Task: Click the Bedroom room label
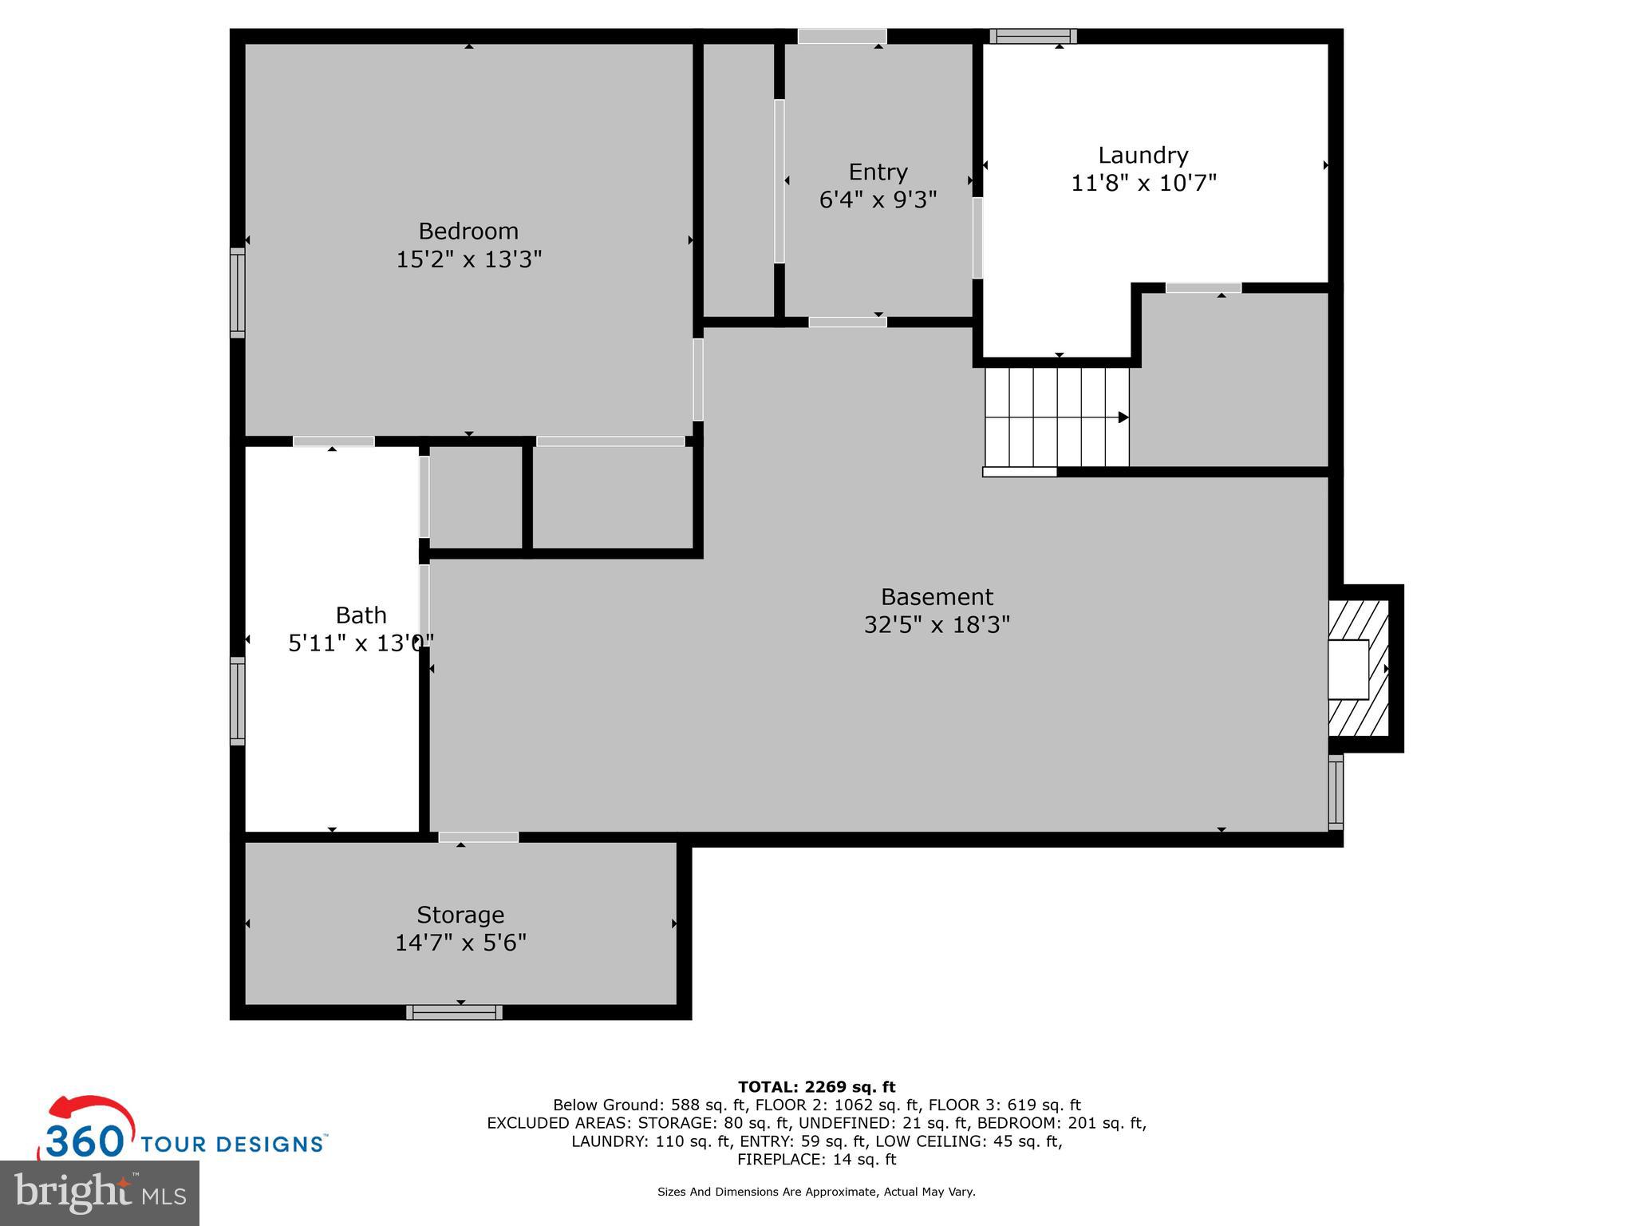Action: click(468, 231)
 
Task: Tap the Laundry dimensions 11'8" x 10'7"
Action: click(1143, 184)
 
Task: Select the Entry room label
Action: click(878, 172)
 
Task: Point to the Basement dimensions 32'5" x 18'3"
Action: click(937, 624)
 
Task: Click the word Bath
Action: click(361, 615)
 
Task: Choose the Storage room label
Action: click(460, 915)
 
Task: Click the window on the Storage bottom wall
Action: click(454, 1012)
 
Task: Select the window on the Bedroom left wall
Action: click(237, 292)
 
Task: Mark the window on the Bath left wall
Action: click(237, 701)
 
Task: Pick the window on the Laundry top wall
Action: click(1033, 36)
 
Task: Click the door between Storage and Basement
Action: click(479, 837)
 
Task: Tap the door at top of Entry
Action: click(842, 36)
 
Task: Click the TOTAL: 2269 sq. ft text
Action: click(816, 1087)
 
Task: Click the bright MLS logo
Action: click(100, 1192)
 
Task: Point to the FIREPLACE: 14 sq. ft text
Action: click(816, 1160)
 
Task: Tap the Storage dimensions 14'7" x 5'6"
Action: click(460, 943)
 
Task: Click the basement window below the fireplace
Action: click(1335, 793)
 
